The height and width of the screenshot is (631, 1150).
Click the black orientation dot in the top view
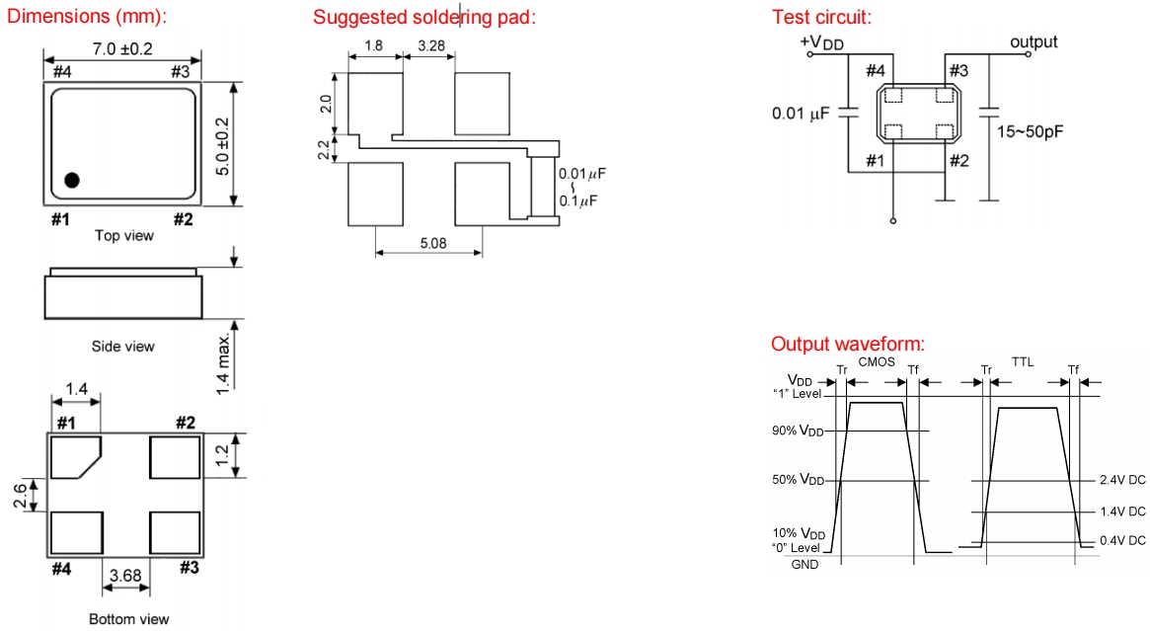coord(72,180)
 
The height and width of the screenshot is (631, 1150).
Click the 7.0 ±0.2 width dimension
coord(122,49)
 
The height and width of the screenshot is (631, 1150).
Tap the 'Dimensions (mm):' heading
coord(87,17)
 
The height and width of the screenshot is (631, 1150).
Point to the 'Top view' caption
coord(123,235)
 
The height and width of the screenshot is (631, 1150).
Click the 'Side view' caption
coord(123,346)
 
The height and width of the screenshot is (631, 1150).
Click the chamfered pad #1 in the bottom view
coord(76,455)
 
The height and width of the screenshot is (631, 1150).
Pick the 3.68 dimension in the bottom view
coord(127,574)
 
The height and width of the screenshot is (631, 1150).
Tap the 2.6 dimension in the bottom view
coord(20,496)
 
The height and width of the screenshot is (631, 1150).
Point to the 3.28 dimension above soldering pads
coord(429,46)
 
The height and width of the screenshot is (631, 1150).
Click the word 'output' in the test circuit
coord(1033,41)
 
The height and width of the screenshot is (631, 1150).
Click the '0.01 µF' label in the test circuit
coord(800,115)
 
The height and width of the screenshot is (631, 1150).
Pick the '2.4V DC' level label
coord(1122,481)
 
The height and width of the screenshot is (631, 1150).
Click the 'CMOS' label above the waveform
coord(876,362)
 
